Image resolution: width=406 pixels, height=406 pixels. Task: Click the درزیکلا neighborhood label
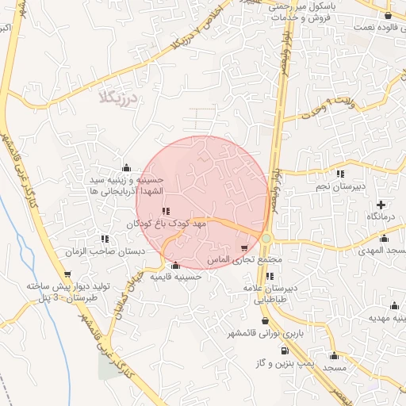(120, 98)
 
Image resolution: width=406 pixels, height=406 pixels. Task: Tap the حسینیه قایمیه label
(176, 278)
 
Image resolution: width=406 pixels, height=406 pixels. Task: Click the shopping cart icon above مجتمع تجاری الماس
(255, 248)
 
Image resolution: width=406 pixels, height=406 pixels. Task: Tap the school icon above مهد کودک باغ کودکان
(165, 211)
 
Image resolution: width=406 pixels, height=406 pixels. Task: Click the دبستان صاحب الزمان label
(105, 251)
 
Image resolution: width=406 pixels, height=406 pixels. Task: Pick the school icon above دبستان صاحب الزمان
(105, 238)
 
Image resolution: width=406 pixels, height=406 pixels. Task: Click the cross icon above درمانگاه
(381, 204)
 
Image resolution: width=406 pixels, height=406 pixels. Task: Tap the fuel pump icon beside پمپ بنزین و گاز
(285, 349)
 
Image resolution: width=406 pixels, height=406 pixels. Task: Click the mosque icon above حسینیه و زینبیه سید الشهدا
(127, 167)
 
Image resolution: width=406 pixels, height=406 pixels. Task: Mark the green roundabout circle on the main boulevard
(267, 238)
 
